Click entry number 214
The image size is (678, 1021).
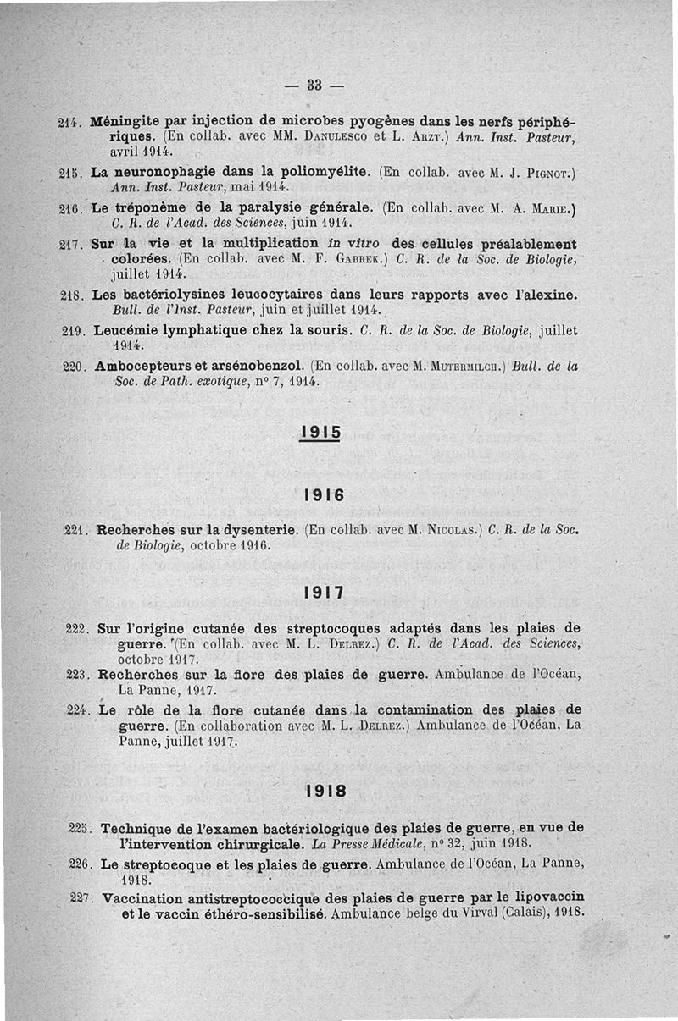69,122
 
